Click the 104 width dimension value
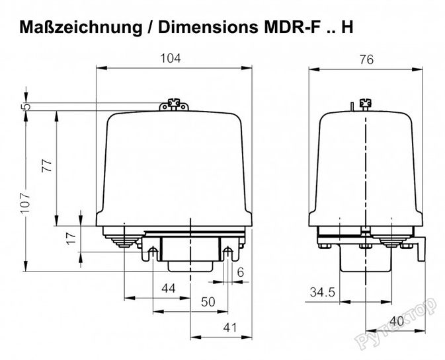(x=171, y=58)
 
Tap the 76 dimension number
(x=367, y=60)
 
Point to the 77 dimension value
(x=47, y=166)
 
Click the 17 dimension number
(x=71, y=238)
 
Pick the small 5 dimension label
(x=26, y=106)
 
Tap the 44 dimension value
(x=169, y=289)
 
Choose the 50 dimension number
(x=208, y=302)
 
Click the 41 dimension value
(x=229, y=328)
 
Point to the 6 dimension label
(x=241, y=272)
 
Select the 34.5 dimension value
(x=323, y=292)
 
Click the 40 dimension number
(x=397, y=321)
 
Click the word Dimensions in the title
(x=208, y=27)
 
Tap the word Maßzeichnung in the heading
(x=81, y=28)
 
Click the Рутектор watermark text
(x=397, y=323)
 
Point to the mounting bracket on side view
(x=421, y=248)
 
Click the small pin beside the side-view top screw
(x=352, y=106)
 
